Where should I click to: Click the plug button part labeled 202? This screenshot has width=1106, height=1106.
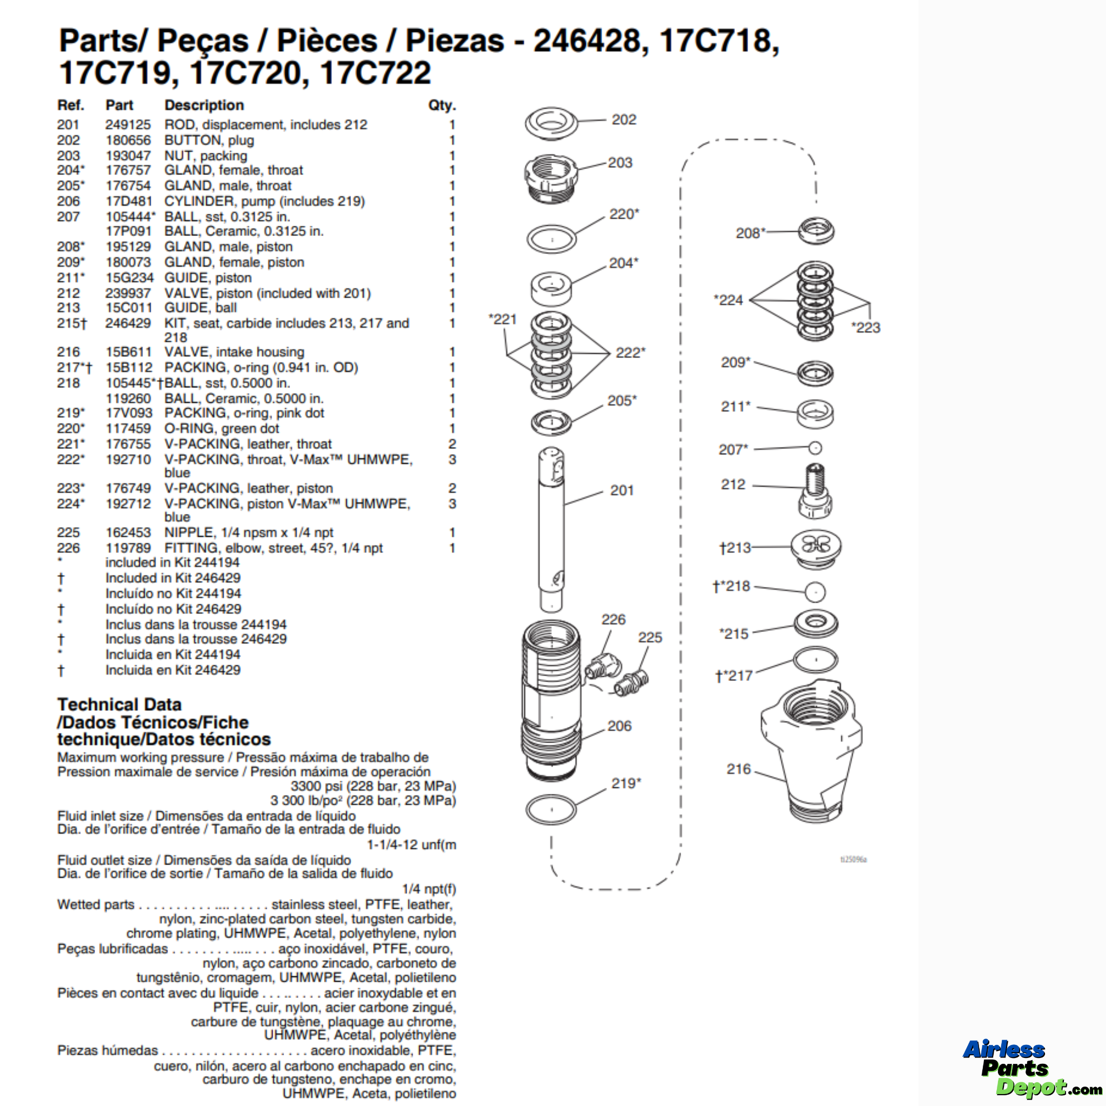click(x=551, y=122)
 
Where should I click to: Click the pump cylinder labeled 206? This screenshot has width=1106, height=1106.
click(x=551, y=698)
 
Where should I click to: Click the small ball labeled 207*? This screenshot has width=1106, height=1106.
click(x=815, y=448)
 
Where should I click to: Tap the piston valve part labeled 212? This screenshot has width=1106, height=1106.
click(x=815, y=491)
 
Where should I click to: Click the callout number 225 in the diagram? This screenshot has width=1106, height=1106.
click(x=650, y=637)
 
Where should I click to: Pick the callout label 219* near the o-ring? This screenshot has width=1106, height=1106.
click(x=626, y=783)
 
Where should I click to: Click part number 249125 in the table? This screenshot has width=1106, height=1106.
click(x=127, y=125)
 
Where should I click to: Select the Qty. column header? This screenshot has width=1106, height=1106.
click(x=442, y=105)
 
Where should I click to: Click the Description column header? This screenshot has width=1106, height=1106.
click(x=204, y=105)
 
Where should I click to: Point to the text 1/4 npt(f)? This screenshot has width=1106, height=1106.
click(x=429, y=888)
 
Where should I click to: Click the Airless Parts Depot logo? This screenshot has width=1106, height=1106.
click(x=1024, y=1068)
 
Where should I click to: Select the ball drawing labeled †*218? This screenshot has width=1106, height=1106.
click(x=815, y=592)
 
